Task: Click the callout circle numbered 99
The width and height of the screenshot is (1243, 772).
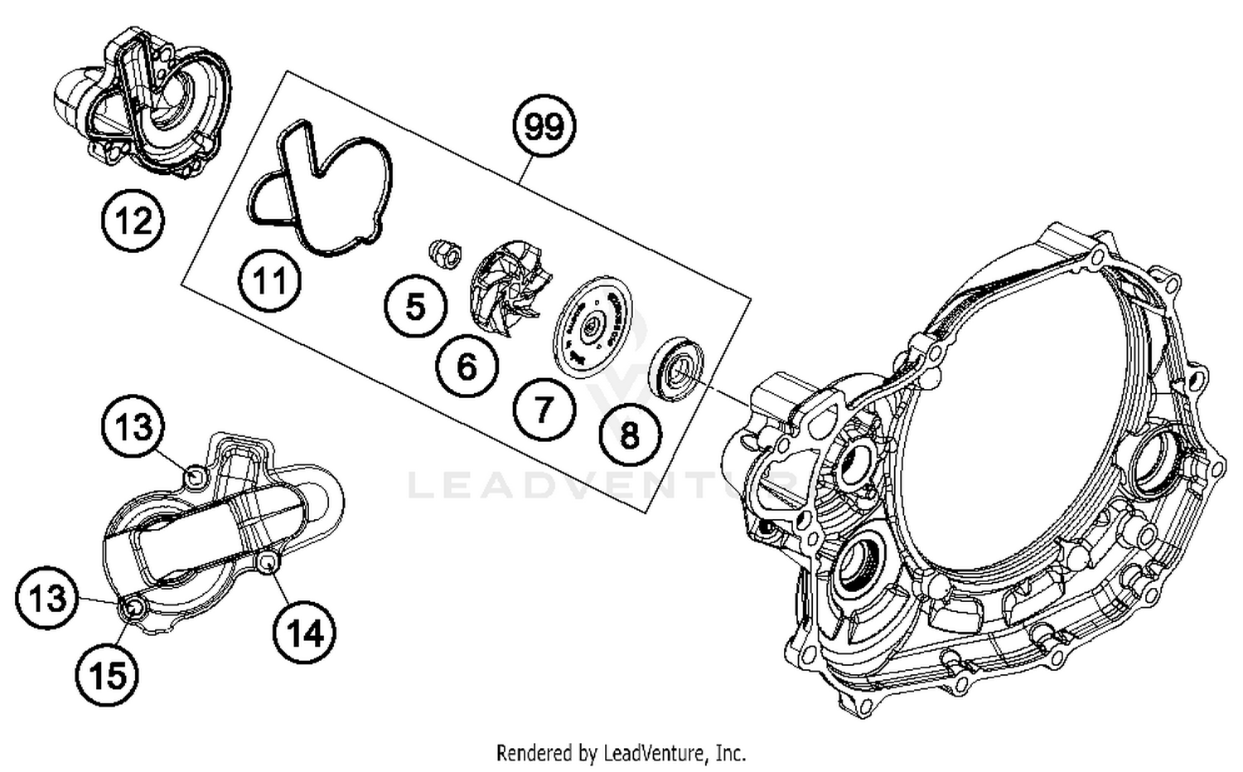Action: [544, 127]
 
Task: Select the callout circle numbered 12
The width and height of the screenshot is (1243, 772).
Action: [133, 221]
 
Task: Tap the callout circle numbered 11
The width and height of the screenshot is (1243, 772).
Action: [269, 281]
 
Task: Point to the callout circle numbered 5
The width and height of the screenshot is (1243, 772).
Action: [415, 306]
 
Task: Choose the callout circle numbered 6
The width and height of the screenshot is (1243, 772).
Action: [467, 366]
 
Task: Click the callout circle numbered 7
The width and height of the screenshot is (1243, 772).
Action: [543, 409]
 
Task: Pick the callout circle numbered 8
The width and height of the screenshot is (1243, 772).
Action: [630, 434]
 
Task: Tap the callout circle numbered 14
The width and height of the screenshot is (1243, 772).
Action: [304, 634]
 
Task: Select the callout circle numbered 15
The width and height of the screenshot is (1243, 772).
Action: [109, 676]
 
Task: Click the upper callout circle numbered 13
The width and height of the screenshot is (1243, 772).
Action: [133, 427]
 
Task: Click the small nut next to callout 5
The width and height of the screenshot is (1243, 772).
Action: [444, 252]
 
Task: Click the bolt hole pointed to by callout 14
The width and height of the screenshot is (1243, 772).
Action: [267, 564]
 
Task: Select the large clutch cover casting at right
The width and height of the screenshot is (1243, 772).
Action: [994, 481]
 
